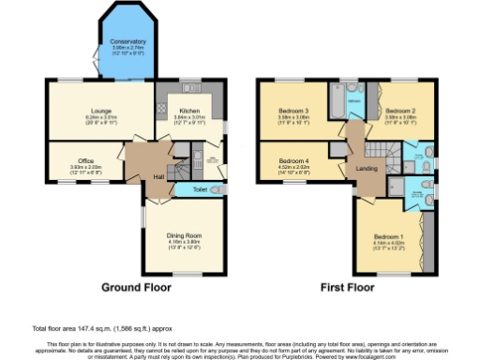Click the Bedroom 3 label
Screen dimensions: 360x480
tap(294, 111)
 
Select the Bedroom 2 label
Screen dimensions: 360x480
tap(399, 111)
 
